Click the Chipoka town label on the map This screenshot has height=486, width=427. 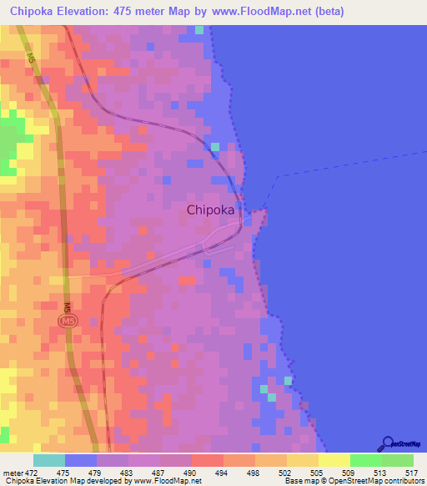point(209,210)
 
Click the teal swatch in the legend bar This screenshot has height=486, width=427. point(48,460)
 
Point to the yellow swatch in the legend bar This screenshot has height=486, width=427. point(334,460)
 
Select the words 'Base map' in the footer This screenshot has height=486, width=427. point(301,480)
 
